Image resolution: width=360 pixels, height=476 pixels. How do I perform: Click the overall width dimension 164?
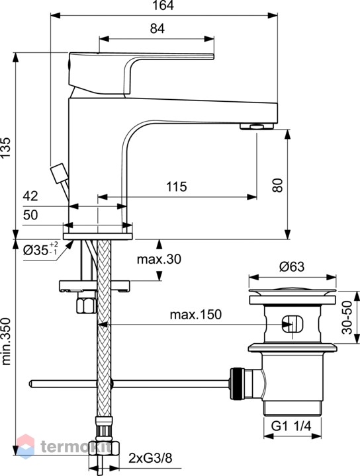[163, 5]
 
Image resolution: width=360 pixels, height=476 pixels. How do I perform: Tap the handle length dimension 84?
[157, 28]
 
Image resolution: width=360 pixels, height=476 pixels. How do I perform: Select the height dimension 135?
[6, 147]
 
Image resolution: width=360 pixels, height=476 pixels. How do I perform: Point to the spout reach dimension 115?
[177, 186]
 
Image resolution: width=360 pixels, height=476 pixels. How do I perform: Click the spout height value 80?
[278, 185]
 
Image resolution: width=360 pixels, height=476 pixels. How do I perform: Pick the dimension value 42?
[30, 196]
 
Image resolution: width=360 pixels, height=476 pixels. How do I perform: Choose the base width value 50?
[30, 215]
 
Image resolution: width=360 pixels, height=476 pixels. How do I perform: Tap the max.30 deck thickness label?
[159, 259]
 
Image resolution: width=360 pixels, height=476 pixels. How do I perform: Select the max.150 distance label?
[196, 315]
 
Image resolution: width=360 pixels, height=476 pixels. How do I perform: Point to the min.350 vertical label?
[6, 341]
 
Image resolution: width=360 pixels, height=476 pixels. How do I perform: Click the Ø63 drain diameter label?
[292, 266]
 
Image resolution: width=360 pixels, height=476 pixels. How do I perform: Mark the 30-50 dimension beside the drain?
[347, 317]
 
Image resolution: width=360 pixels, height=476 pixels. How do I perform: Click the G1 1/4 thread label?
[291, 426]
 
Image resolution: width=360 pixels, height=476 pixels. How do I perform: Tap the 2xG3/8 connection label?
[150, 457]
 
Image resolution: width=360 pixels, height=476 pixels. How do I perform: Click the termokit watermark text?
[76, 446]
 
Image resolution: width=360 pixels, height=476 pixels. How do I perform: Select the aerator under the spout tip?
[256, 126]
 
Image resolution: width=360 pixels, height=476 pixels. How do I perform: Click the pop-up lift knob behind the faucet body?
[60, 173]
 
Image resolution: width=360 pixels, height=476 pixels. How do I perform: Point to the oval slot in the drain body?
[292, 323]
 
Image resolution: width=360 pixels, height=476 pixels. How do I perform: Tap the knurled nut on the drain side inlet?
[237, 383]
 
